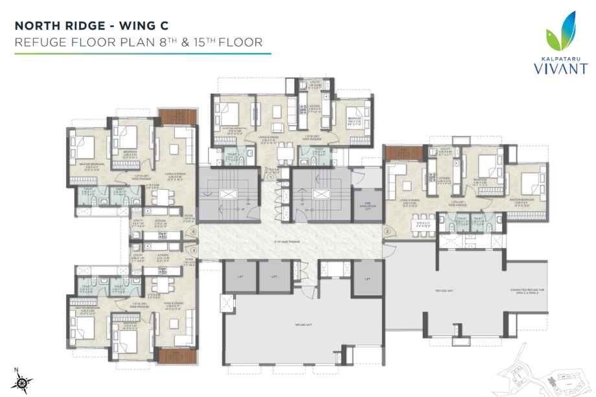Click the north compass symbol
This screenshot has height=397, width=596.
(21, 383)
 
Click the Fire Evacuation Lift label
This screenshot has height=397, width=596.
(368, 206)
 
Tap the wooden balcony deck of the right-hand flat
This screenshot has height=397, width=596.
(397, 152)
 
